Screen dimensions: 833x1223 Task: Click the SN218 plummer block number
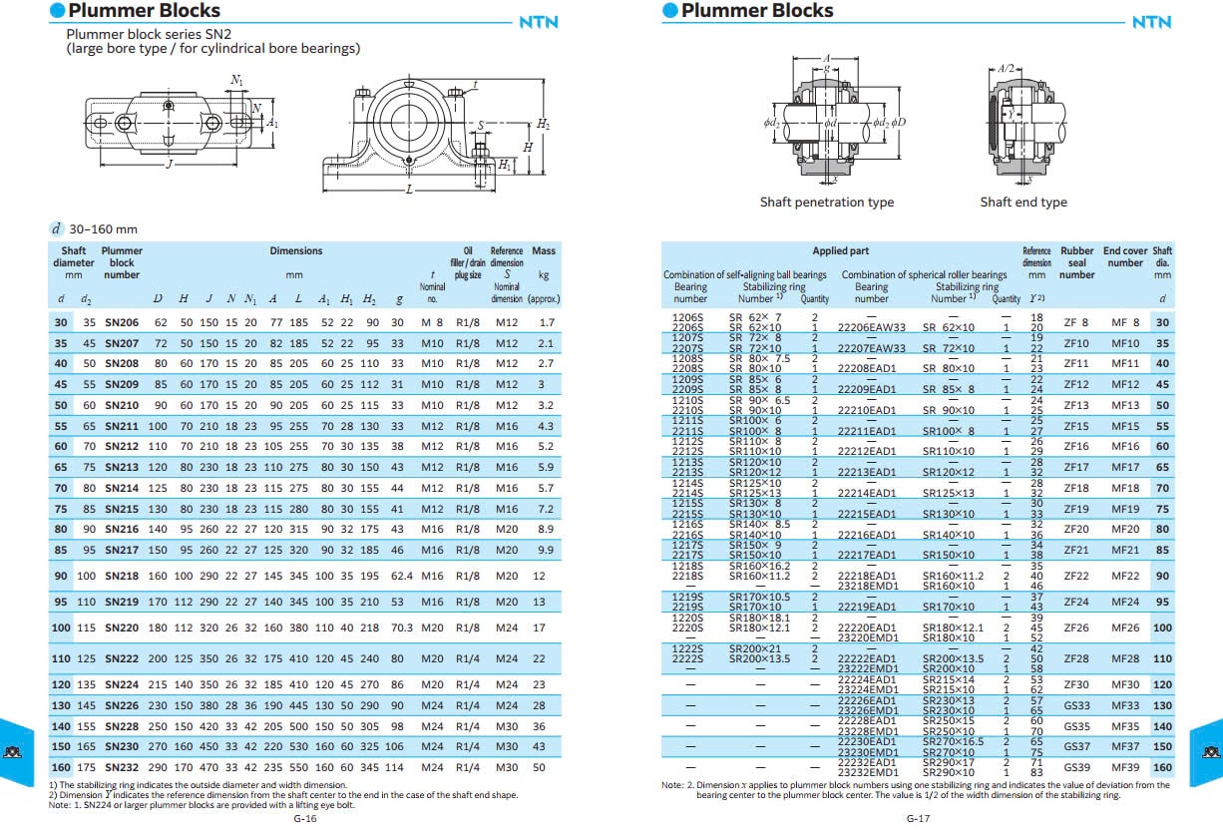122,577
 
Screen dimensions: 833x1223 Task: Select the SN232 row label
122,767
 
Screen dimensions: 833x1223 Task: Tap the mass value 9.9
545,550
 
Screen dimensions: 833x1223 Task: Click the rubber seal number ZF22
1076,577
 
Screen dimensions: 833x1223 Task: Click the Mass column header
544,250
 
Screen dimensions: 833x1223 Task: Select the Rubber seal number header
1077,262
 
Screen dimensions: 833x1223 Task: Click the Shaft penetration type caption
827,203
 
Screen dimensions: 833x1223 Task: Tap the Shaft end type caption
1023,203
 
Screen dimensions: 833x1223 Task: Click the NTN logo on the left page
539,22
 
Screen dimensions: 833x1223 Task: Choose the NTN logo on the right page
1151,22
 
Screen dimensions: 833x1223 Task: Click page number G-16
305,818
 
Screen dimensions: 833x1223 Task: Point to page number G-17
918,818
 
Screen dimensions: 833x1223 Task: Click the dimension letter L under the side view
408,188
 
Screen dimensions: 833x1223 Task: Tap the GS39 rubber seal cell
1076,767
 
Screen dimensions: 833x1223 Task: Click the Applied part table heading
840,251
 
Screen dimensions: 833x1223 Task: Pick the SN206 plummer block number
122,322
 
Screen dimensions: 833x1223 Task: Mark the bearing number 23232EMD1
871,773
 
